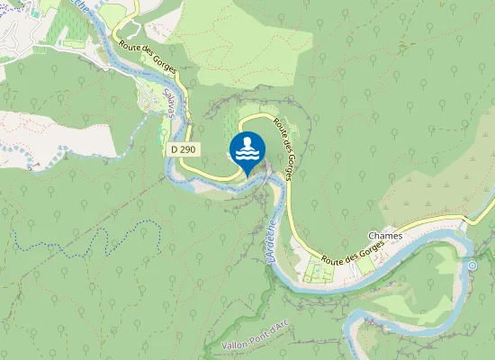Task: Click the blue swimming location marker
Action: point(247,149)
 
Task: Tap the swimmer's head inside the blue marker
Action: point(247,141)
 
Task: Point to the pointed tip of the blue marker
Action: point(247,175)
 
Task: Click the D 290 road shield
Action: point(182,149)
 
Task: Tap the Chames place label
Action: point(384,236)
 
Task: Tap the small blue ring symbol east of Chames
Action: point(472,265)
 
